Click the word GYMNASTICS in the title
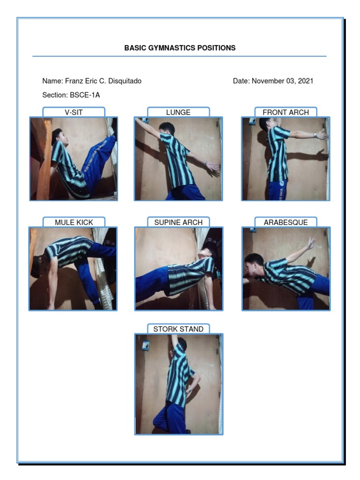coord(170,48)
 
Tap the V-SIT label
coord(74,112)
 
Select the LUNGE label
coord(178,112)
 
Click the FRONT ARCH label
coord(285,112)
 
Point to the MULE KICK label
coord(74,222)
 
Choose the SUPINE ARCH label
coord(178,222)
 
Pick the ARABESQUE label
coord(285,222)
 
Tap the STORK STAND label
coord(178,329)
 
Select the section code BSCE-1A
coord(85,95)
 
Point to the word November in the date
coord(268,81)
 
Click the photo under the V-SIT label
coord(74,159)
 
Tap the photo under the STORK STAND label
coord(179,384)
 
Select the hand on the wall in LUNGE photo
coord(213,166)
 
